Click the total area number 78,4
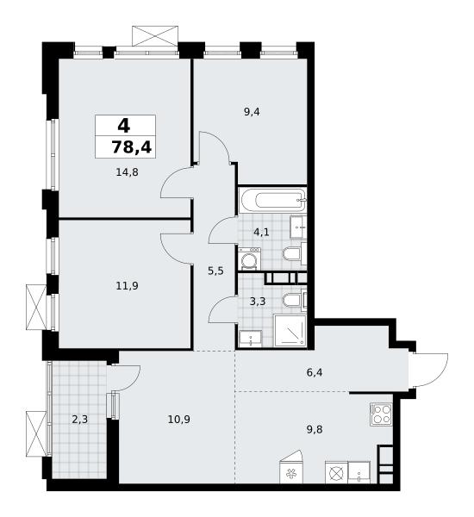pos(132,147)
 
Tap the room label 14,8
pos(127,171)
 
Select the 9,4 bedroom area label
pos(252,112)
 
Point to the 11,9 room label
pos(127,285)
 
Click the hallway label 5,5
pos(215,271)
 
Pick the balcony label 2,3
pos(80,420)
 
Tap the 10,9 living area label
pos(178,420)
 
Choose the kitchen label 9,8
pos(315,429)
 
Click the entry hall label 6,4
pos(315,372)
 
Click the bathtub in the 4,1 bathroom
pos(273,200)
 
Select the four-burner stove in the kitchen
pos(381,414)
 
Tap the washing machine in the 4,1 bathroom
pos(249,258)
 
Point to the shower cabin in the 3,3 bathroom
pos(290,331)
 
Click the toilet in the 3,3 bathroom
pos(294,300)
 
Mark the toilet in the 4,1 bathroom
pos(294,254)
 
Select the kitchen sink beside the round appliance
pos(359,473)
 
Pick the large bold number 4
pos(124,126)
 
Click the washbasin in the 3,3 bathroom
pos(251,339)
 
